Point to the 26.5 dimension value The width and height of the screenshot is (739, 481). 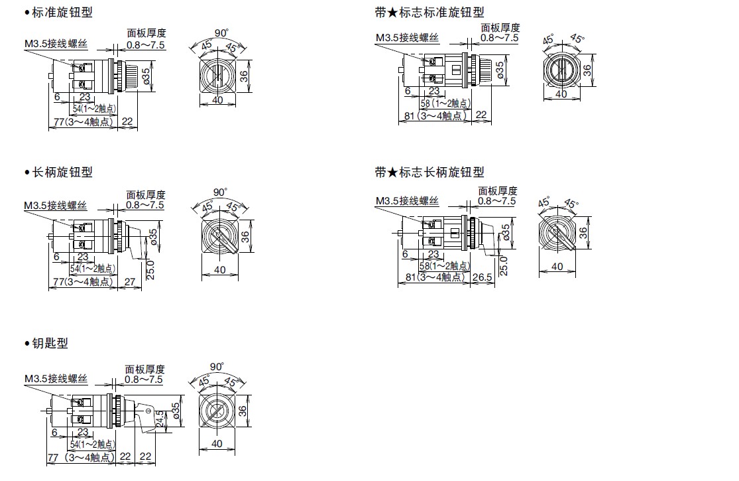tap(482, 277)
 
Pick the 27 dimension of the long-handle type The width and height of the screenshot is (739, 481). tap(129, 281)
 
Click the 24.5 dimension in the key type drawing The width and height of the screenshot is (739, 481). tap(159, 419)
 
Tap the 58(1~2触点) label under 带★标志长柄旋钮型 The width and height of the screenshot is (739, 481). tap(445, 265)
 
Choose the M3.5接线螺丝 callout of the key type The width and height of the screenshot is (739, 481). tap(56, 379)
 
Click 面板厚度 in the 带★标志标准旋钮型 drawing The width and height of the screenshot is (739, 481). tap(500, 28)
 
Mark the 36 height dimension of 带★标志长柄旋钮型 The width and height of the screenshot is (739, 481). tap(583, 232)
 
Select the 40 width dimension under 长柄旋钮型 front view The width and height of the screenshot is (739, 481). tap(219, 270)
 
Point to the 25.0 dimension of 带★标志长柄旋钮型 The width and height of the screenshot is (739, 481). tap(504, 265)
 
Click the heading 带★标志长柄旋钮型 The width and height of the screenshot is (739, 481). tap(429, 172)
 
